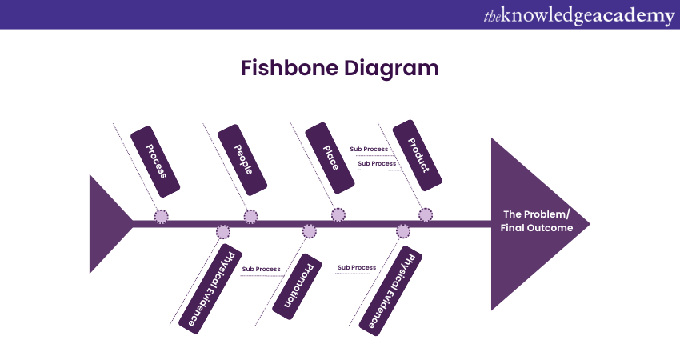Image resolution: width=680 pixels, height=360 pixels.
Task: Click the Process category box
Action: point(155,160)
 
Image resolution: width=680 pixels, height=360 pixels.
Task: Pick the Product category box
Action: point(418,156)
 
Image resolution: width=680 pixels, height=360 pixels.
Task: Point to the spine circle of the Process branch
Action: point(162,216)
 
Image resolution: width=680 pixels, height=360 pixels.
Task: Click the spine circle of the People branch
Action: point(251,216)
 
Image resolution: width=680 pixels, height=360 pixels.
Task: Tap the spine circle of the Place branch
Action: point(338,214)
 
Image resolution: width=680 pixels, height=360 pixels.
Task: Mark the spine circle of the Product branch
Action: point(426,214)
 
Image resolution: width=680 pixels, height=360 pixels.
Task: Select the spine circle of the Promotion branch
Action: point(310,232)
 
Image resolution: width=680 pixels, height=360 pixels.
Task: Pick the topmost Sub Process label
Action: point(369,149)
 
